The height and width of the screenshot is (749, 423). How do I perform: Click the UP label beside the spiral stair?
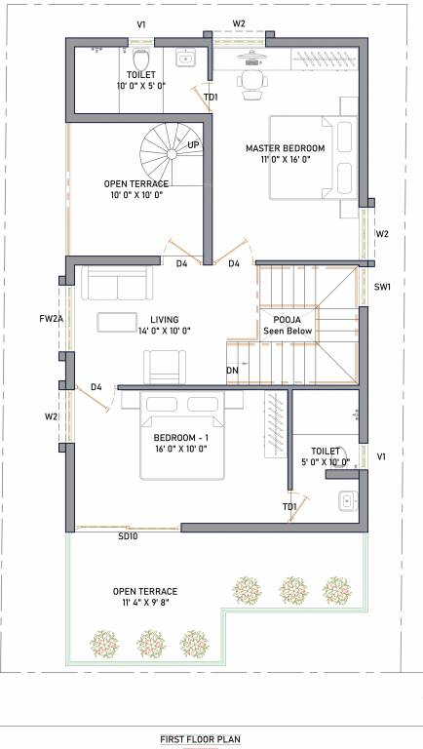pos(193,145)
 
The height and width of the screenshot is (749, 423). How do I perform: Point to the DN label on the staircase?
pos(232,372)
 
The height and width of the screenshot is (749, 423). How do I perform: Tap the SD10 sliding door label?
pos(128,536)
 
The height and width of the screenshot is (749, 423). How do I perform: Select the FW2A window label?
pos(51,318)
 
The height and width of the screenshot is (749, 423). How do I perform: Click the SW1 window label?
pos(382,287)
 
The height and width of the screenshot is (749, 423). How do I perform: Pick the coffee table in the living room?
pos(116,322)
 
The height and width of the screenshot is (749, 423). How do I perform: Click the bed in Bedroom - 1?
pos(183,436)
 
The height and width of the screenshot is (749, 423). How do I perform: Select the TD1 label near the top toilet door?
pos(211,98)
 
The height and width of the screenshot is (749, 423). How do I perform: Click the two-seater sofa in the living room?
pos(116,284)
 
